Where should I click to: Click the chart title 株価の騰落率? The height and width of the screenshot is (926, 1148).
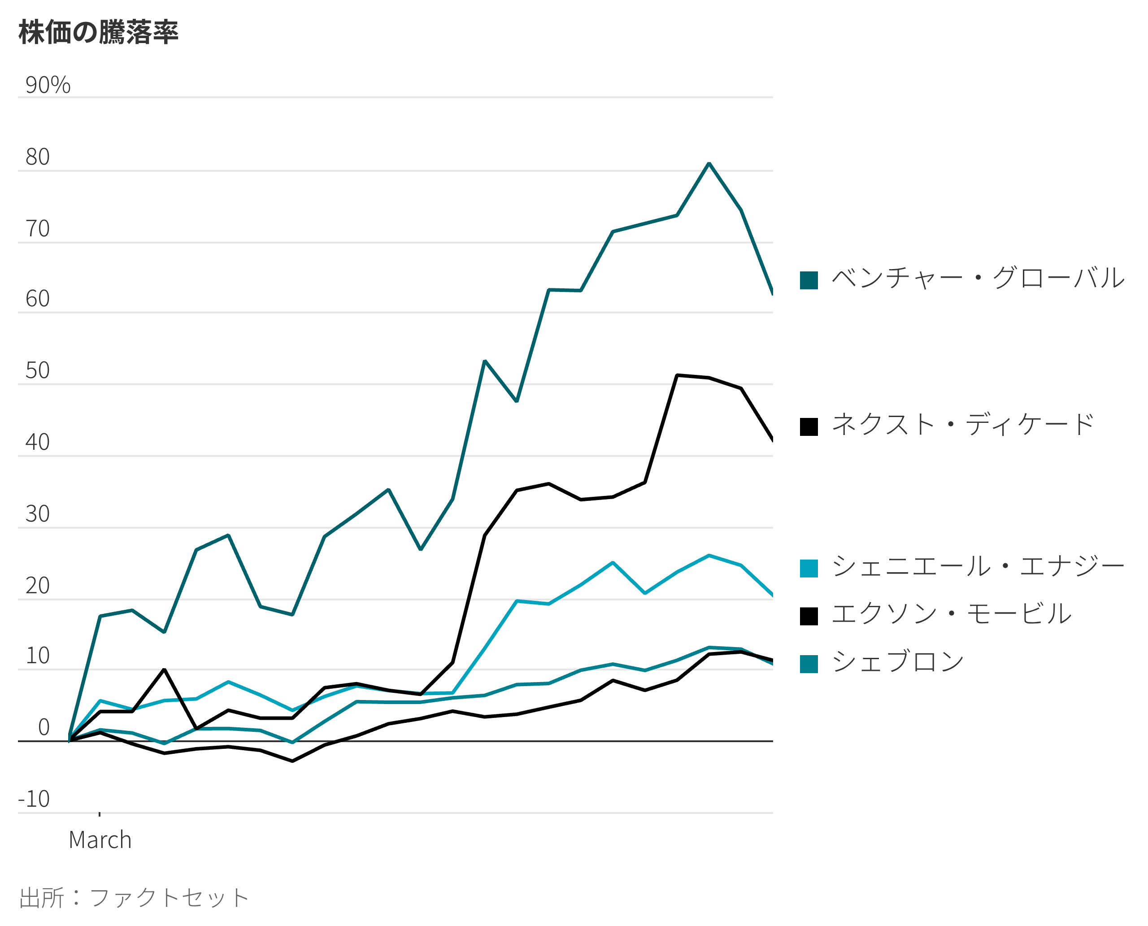pyautogui.click(x=99, y=32)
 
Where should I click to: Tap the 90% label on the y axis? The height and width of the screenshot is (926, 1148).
pyautogui.click(x=48, y=85)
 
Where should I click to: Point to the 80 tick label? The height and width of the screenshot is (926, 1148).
pyautogui.click(x=37, y=157)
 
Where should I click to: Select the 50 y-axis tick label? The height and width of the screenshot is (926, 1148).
pyautogui.click(x=37, y=370)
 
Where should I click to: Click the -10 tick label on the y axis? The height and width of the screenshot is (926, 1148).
pyautogui.click(x=34, y=799)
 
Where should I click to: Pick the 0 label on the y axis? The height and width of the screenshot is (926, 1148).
pyautogui.click(x=44, y=727)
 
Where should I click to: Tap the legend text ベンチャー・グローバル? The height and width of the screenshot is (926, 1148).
pyautogui.click(x=978, y=278)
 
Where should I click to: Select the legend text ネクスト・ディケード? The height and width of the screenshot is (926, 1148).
pyautogui.click(x=963, y=425)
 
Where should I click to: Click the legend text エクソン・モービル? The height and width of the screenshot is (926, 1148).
pyautogui.click(x=951, y=614)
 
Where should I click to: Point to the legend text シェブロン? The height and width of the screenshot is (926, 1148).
pyautogui.click(x=898, y=662)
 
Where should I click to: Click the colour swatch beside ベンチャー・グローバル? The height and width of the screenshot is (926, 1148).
pyautogui.click(x=809, y=280)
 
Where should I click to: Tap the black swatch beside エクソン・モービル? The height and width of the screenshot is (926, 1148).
pyautogui.click(x=809, y=616)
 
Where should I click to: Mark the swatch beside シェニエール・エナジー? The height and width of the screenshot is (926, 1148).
pyautogui.click(x=809, y=569)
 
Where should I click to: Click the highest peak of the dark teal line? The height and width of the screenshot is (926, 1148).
pyautogui.click(x=709, y=163)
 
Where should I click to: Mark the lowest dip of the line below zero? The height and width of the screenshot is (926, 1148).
pyautogui.click(x=292, y=761)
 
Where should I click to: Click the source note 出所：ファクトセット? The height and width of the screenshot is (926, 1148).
pyautogui.click(x=133, y=898)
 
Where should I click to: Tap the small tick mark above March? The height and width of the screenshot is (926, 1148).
pyautogui.click(x=100, y=814)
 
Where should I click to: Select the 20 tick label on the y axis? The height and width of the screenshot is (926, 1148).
pyautogui.click(x=37, y=585)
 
